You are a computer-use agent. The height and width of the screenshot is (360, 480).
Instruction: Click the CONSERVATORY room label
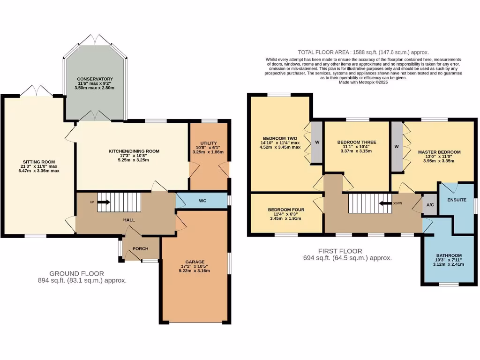[x=95, y=79]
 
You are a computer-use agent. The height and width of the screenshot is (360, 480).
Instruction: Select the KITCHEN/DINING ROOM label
[x=134, y=151]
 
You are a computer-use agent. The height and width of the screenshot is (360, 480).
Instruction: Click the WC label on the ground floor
[x=202, y=201]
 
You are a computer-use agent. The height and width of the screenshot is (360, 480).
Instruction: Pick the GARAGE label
[x=195, y=262]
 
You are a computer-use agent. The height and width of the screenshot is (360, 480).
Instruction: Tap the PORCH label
[x=141, y=249]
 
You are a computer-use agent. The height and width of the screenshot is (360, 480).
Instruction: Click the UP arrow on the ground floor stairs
[x=104, y=202]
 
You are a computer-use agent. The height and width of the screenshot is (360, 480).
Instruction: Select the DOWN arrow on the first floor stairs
[x=386, y=203]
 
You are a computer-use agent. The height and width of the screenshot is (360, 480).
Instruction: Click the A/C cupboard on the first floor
[x=429, y=205]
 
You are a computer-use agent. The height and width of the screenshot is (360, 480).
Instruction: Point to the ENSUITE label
[x=457, y=200]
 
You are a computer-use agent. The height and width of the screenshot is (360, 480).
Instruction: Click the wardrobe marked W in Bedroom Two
[x=317, y=142]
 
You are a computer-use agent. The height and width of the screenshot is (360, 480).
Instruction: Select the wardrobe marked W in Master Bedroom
[x=397, y=147]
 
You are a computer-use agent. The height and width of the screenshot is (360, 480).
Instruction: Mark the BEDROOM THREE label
[x=357, y=142]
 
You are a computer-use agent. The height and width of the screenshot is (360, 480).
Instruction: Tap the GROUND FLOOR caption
[x=77, y=273]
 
